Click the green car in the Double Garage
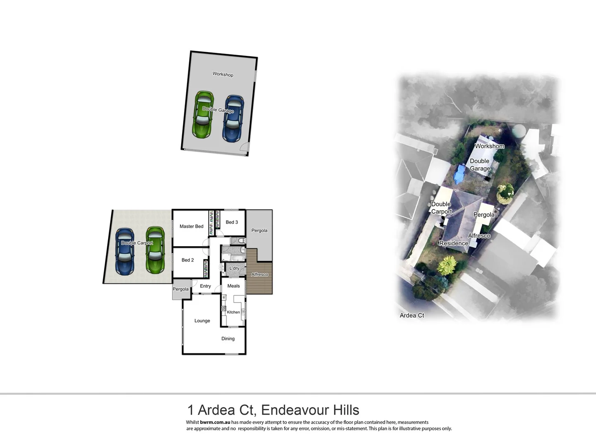(203, 115)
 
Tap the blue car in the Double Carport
(125, 251)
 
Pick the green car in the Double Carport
(155, 250)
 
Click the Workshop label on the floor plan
(223, 74)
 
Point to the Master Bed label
(191, 226)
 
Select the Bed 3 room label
(232, 222)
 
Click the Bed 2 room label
(187, 260)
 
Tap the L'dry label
(234, 268)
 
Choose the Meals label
(233, 286)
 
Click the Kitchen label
(233, 312)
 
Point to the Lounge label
(202, 321)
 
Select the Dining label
(228, 339)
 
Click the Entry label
(205, 286)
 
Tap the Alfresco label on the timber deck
(260, 274)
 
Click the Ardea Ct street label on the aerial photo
(412, 315)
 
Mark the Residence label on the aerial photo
(454, 243)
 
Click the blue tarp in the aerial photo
(459, 174)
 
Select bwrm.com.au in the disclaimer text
(215, 422)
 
